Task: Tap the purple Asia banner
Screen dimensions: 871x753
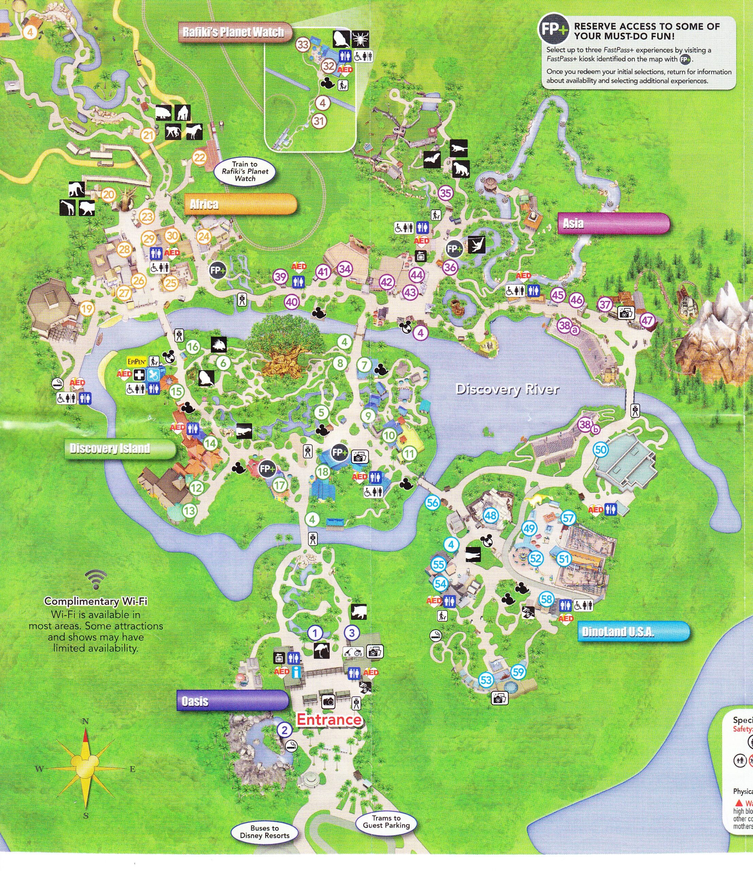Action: tap(613, 223)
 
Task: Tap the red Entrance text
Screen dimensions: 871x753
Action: tap(329, 719)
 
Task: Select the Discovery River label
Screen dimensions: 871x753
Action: tap(507, 389)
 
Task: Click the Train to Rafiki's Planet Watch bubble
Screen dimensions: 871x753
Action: tap(245, 171)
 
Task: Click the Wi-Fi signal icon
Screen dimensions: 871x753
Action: tap(96, 580)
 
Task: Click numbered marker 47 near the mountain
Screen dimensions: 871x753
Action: tap(647, 320)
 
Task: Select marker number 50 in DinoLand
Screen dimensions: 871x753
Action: tap(601, 450)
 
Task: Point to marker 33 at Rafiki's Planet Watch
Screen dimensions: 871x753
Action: tap(303, 45)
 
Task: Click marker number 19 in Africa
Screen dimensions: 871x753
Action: tap(87, 309)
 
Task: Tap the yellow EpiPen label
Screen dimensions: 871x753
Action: tap(137, 362)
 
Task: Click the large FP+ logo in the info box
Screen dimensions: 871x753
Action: tap(553, 29)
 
